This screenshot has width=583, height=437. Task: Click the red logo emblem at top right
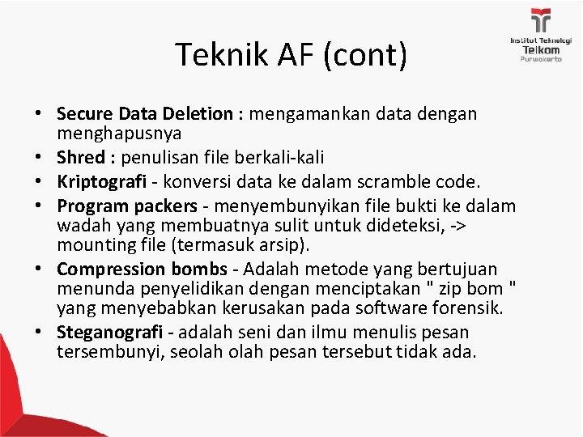pyautogui.click(x=540, y=20)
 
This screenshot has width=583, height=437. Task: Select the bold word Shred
pyautogui.click(x=79, y=154)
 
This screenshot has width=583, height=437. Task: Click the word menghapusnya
pyautogui.click(x=118, y=132)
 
